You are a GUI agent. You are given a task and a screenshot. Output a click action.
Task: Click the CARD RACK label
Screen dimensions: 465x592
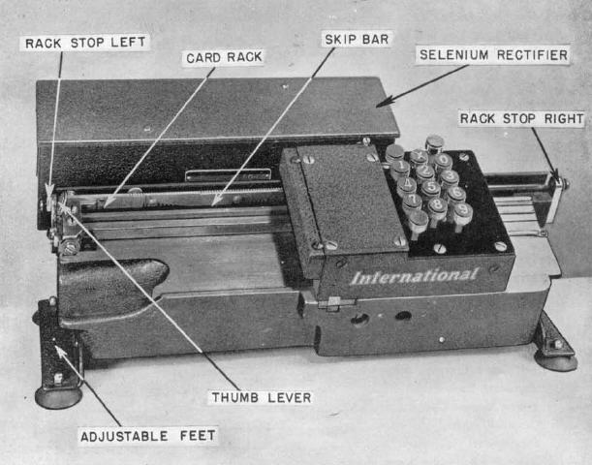click(x=224, y=58)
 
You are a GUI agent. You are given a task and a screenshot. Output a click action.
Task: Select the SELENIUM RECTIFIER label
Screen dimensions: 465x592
click(x=493, y=55)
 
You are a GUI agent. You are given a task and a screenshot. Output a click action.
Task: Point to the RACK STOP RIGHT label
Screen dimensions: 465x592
click(x=521, y=119)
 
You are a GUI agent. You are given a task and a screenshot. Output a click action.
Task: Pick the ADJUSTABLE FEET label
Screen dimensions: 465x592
click(x=147, y=436)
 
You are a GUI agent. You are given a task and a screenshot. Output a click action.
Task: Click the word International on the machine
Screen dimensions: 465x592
click(x=414, y=276)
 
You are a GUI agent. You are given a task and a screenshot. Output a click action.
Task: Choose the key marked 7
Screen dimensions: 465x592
click(x=412, y=201)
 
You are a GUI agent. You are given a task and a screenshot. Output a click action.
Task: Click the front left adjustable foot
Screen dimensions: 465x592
click(x=58, y=395)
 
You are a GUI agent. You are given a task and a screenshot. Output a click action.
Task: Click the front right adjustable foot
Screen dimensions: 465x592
click(x=555, y=358)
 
